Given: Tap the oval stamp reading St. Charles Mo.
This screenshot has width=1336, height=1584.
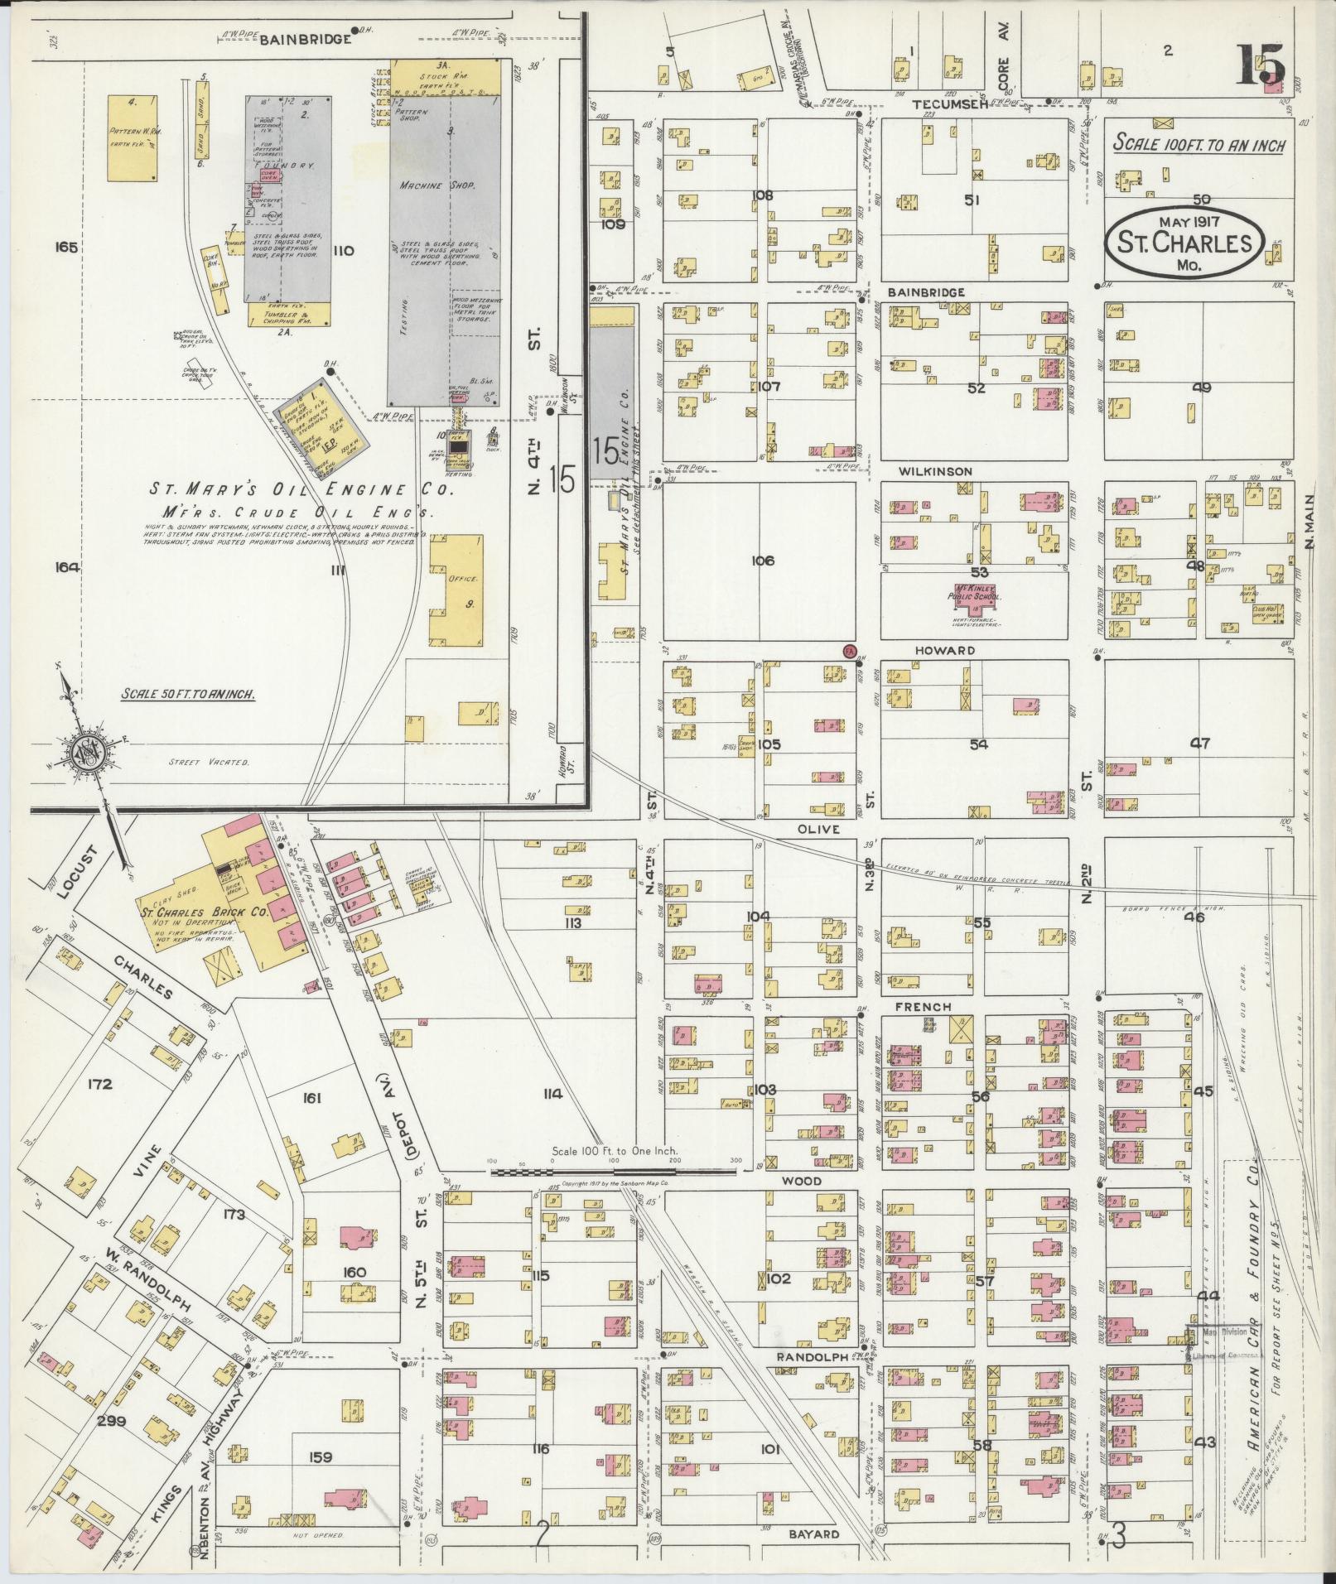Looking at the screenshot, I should click(x=1184, y=239).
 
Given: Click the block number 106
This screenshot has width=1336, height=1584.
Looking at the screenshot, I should click(x=762, y=561).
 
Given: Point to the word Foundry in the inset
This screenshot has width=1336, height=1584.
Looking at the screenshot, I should click(x=284, y=166).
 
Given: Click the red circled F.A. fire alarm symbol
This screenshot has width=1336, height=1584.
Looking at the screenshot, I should click(x=848, y=651).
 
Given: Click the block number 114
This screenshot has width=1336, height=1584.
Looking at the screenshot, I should click(x=552, y=1094).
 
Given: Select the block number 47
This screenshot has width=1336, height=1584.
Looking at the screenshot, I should click(x=1200, y=743).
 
